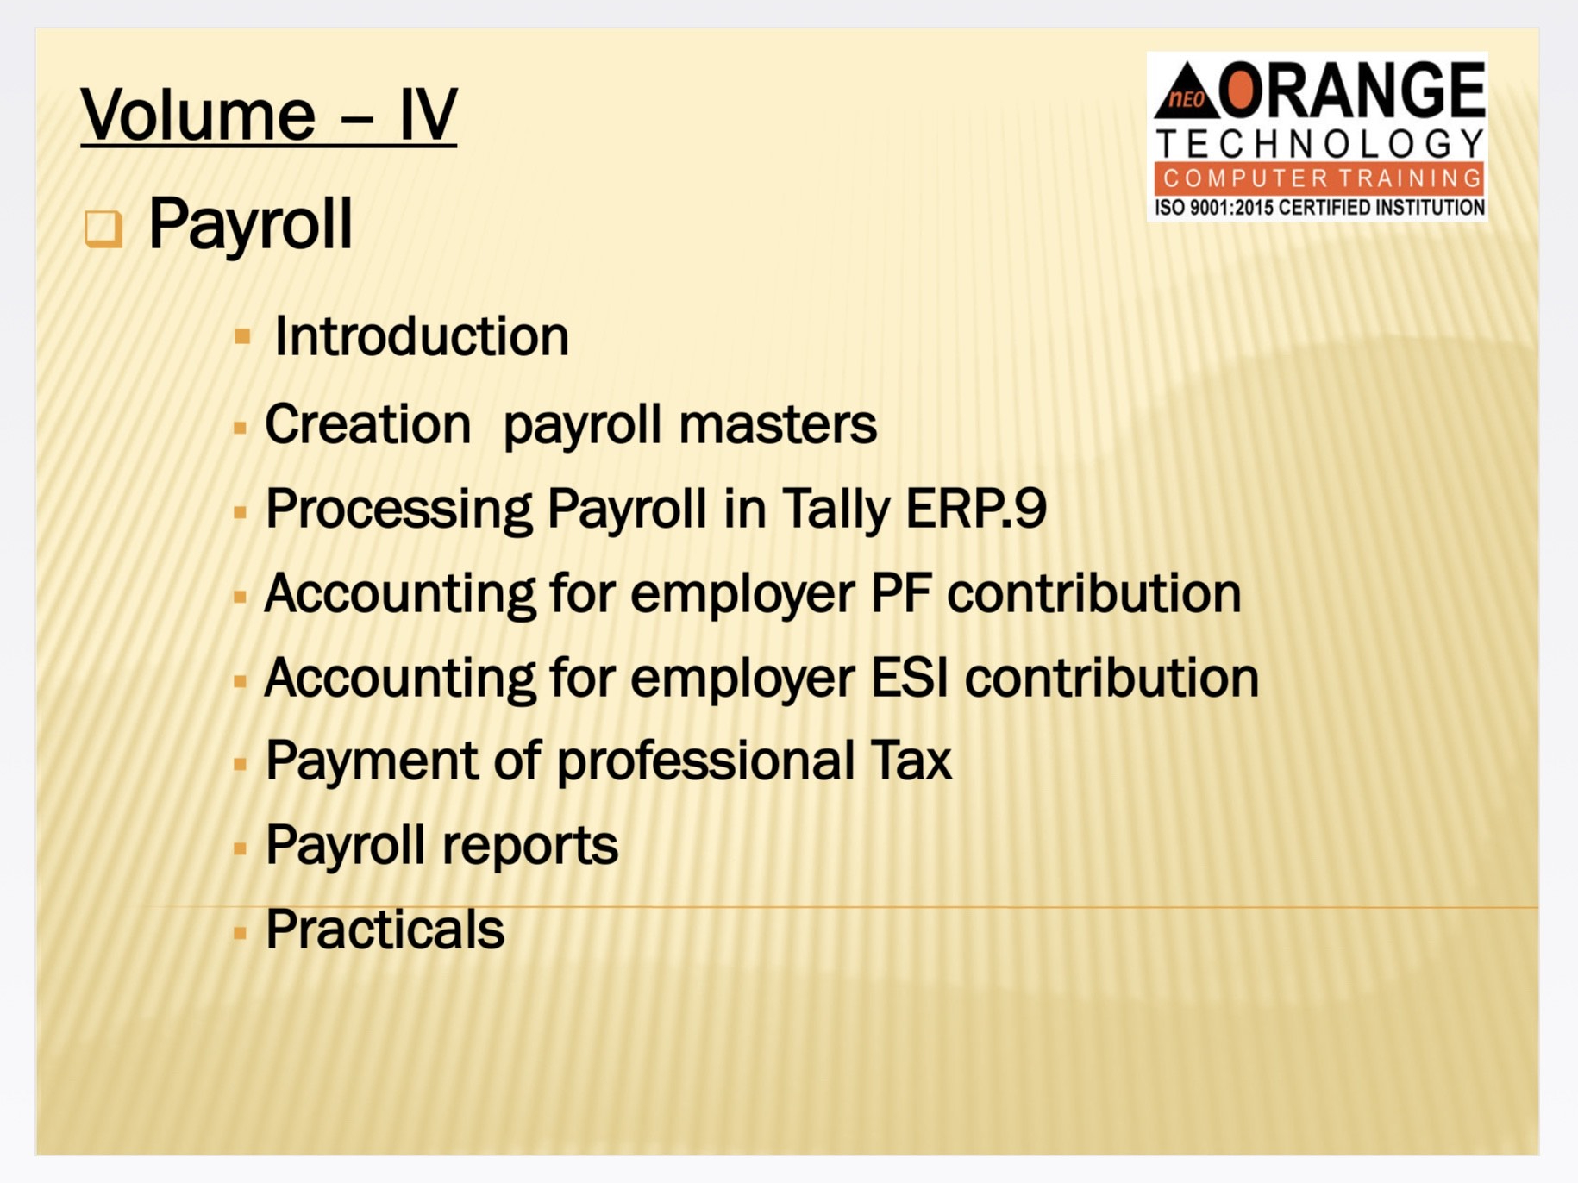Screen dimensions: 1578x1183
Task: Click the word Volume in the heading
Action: pos(197,114)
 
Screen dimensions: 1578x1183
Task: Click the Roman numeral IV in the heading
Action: pos(428,114)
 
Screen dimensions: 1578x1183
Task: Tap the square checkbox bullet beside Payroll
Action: pos(103,229)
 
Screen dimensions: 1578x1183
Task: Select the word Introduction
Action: pos(422,335)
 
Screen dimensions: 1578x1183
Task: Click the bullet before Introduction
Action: pos(242,336)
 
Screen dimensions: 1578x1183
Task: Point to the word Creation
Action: pos(368,424)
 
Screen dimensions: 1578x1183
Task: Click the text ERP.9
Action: pos(976,508)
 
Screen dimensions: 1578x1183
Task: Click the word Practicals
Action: pos(385,929)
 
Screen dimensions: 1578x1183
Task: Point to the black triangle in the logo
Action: pos(1187,91)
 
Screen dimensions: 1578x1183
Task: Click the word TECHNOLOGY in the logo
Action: pos(1319,144)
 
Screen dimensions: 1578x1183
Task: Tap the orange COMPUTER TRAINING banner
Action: pos(1319,178)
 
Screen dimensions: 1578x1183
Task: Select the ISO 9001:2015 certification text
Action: pos(1319,208)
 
